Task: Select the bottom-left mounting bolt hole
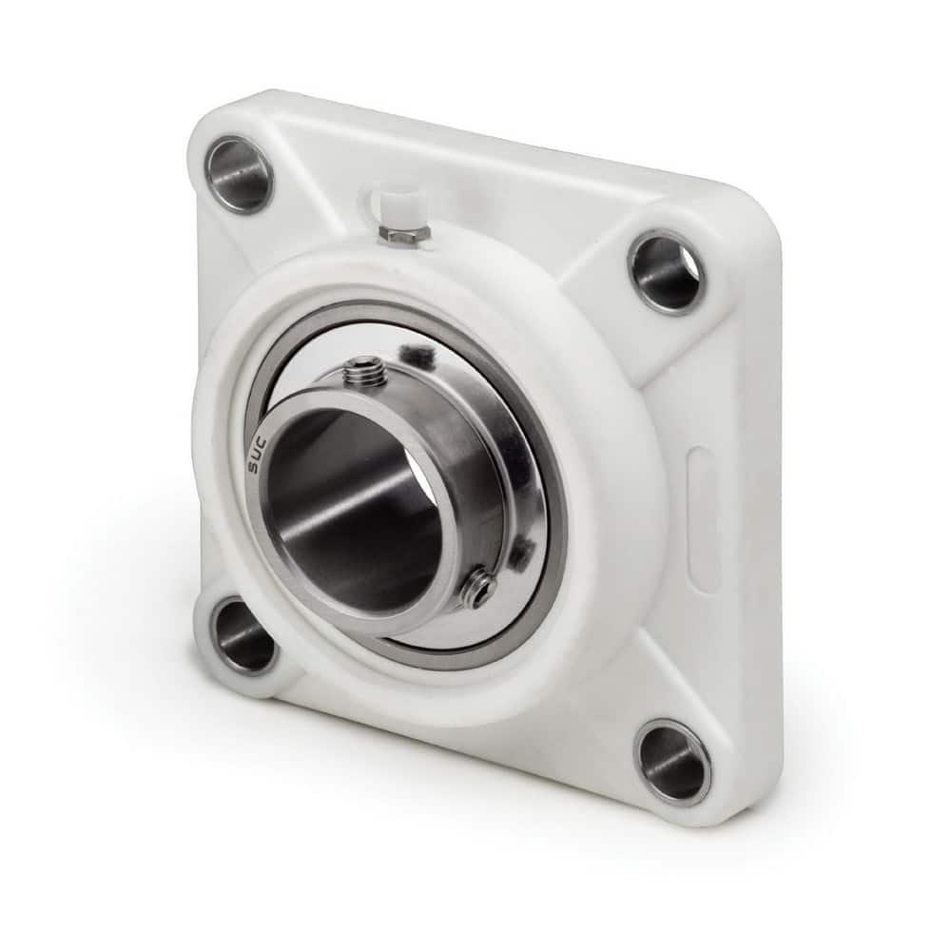(x=243, y=634)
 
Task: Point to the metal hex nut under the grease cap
(x=399, y=233)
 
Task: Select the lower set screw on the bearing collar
(x=477, y=591)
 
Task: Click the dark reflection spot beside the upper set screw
(x=418, y=358)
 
